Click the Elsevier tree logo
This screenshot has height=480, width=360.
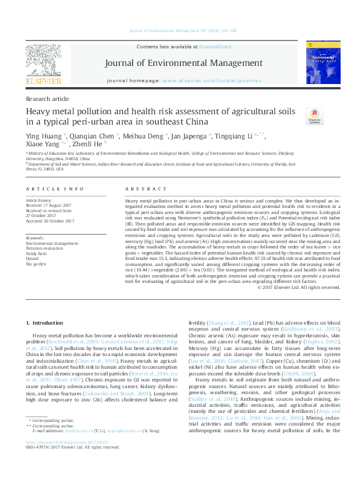pos(43,61)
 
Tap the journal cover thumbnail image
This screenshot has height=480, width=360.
pos(322,62)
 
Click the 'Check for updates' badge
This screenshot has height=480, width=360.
pos(314,116)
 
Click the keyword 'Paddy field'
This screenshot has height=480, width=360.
pos(38,254)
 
